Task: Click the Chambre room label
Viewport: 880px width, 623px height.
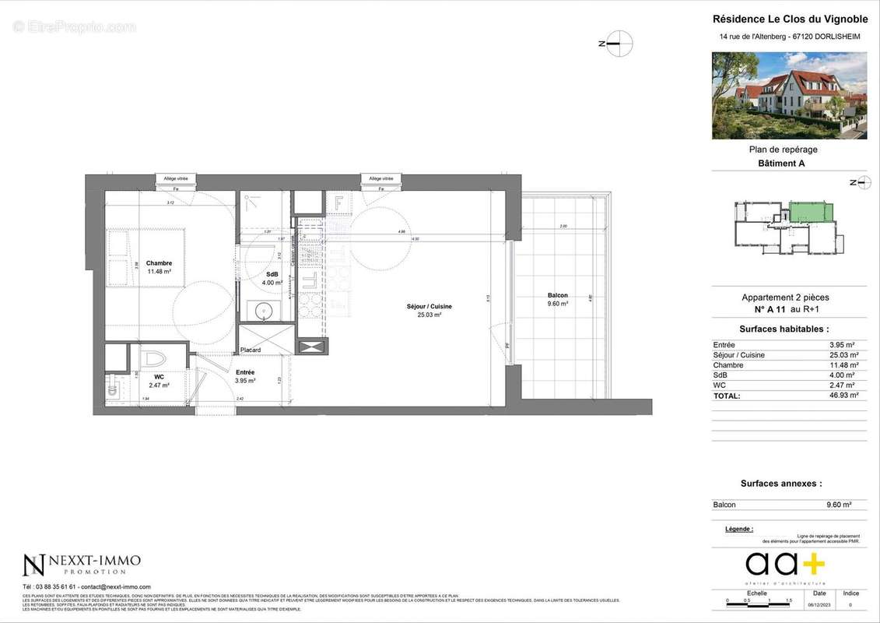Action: (x=159, y=263)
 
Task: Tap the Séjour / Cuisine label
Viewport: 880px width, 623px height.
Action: (x=429, y=307)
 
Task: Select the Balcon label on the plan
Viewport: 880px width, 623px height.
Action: (x=557, y=296)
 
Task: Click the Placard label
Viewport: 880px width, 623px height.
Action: (x=251, y=350)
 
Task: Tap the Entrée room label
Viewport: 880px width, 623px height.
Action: (x=246, y=373)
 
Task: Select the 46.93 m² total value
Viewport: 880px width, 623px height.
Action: (x=843, y=396)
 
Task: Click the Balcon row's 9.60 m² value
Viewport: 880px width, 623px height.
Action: (x=839, y=505)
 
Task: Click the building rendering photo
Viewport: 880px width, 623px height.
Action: (x=789, y=96)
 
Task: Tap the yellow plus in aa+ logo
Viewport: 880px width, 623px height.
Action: (x=813, y=562)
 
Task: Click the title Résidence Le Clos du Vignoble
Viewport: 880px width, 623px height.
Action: (x=790, y=19)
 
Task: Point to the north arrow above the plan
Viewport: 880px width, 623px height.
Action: (x=619, y=44)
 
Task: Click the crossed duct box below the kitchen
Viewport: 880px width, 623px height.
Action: (x=310, y=347)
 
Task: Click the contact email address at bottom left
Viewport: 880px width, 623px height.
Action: (x=115, y=587)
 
